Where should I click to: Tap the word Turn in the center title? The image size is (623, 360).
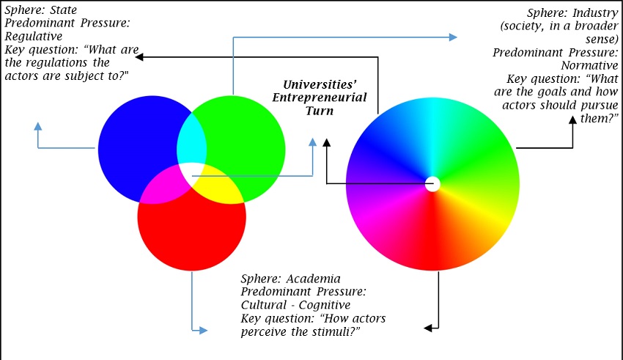click(x=320, y=111)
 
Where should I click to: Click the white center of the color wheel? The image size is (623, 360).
click(x=432, y=183)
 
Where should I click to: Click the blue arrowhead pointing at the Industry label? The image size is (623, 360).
click(x=455, y=36)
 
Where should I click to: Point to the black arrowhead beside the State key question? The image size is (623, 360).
click(x=140, y=56)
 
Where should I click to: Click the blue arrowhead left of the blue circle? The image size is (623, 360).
click(x=38, y=125)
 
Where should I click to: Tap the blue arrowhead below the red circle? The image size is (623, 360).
click(x=204, y=331)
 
